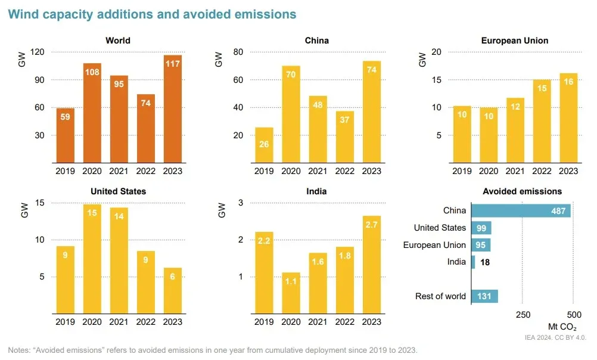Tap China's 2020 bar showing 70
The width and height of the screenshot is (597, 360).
pyautogui.click(x=291, y=114)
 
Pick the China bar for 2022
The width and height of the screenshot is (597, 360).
pyautogui.click(x=344, y=136)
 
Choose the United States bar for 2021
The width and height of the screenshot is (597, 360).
pyautogui.click(x=119, y=259)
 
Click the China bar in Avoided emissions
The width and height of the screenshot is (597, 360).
pyautogui.click(x=520, y=211)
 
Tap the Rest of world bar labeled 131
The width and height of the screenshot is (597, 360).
pyautogui.click(x=484, y=296)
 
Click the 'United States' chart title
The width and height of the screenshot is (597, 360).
pyautogui.click(x=118, y=191)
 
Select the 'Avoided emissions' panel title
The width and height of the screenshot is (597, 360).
pyautogui.click(x=522, y=191)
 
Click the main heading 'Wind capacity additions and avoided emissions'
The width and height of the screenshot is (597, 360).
pyautogui.click(x=152, y=14)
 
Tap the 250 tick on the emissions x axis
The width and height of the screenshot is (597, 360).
pyautogui.click(x=523, y=314)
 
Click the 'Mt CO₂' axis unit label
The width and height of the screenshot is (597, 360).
pyautogui.click(x=562, y=327)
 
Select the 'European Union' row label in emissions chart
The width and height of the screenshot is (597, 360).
pyautogui.click(x=434, y=245)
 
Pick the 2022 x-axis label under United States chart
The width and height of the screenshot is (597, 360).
pyautogui.click(x=146, y=322)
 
